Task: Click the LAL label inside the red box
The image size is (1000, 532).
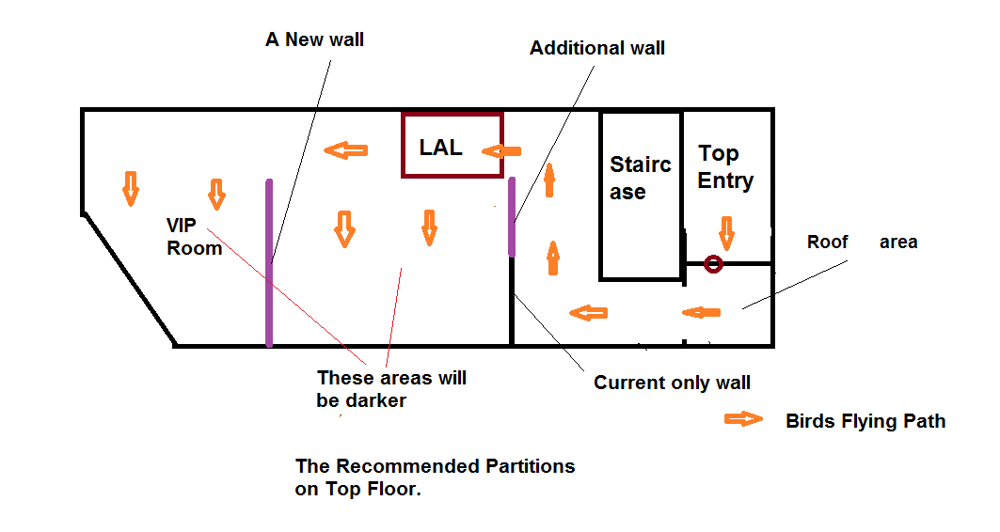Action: click(440, 148)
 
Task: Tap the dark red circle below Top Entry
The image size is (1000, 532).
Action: click(713, 264)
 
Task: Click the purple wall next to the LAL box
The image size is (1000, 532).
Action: click(512, 217)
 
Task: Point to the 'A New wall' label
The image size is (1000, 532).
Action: click(314, 39)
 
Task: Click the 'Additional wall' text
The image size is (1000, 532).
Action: click(597, 49)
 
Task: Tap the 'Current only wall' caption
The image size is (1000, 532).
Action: click(672, 383)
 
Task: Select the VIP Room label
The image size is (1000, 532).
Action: click(194, 237)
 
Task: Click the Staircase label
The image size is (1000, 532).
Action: click(641, 178)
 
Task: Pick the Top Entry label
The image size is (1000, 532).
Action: click(725, 167)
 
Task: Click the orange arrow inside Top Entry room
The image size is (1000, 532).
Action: click(726, 233)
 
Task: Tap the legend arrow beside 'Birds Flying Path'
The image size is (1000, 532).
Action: click(743, 419)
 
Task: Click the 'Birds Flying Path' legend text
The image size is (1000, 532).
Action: click(865, 421)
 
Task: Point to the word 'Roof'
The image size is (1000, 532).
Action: click(827, 243)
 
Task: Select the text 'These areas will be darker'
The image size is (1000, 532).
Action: click(391, 389)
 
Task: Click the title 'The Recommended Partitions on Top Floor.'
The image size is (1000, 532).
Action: click(435, 477)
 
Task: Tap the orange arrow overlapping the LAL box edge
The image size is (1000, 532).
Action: click(501, 151)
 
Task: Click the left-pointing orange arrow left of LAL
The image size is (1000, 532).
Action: click(345, 150)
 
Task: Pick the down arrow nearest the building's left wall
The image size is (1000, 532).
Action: click(131, 189)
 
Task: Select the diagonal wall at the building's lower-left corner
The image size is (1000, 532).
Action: click(129, 280)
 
